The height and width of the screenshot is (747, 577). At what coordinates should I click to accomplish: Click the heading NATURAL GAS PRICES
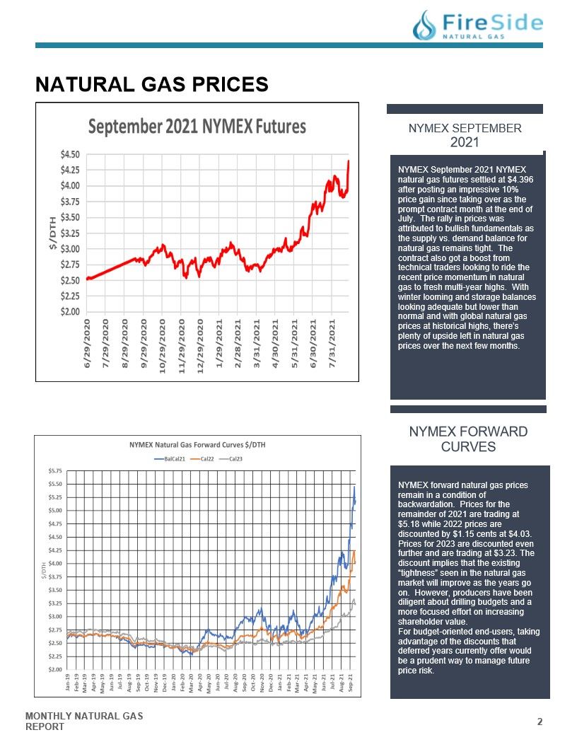[x=152, y=84]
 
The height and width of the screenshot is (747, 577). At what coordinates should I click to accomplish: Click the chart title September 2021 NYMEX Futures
[x=197, y=127]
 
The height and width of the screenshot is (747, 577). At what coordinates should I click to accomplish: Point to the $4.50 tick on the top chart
[x=70, y=154]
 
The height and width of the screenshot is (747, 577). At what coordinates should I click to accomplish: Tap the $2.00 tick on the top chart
[x=70, y=311]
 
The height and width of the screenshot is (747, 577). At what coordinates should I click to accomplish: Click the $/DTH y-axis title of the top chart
[x=52, y=233]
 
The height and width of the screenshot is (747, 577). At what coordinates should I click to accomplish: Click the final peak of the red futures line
[x=349, y=161]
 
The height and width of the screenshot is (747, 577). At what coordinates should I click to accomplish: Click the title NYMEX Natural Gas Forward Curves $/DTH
[x=197, y=445]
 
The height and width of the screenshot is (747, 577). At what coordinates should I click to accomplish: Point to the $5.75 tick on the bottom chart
[x=55, y=470]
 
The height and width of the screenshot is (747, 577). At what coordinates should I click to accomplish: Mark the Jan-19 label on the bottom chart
[x=68, y=683]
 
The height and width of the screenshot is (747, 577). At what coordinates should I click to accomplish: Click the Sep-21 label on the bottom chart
[x=351, y=683]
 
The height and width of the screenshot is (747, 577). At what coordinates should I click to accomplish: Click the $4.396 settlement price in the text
[x=520, y=180]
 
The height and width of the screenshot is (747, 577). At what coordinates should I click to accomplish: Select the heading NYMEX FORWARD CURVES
[x=468, y=439]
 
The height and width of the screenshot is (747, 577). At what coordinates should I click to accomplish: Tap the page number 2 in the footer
[x=540, y=722]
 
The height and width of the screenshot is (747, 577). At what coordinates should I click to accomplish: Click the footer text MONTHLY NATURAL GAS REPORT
[x=84, y=722]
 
